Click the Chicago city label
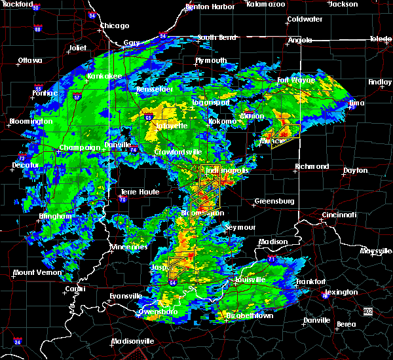coord(114,26)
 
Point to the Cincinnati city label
coord(340,215)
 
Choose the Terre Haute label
coord(136,192)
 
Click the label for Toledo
coord(380,39)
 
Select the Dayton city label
coord(355,170)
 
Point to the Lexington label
coord(341,292)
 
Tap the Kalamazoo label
coord(266,4)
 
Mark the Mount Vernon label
coord(33,272)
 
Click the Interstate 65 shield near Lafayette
coord(149,118)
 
